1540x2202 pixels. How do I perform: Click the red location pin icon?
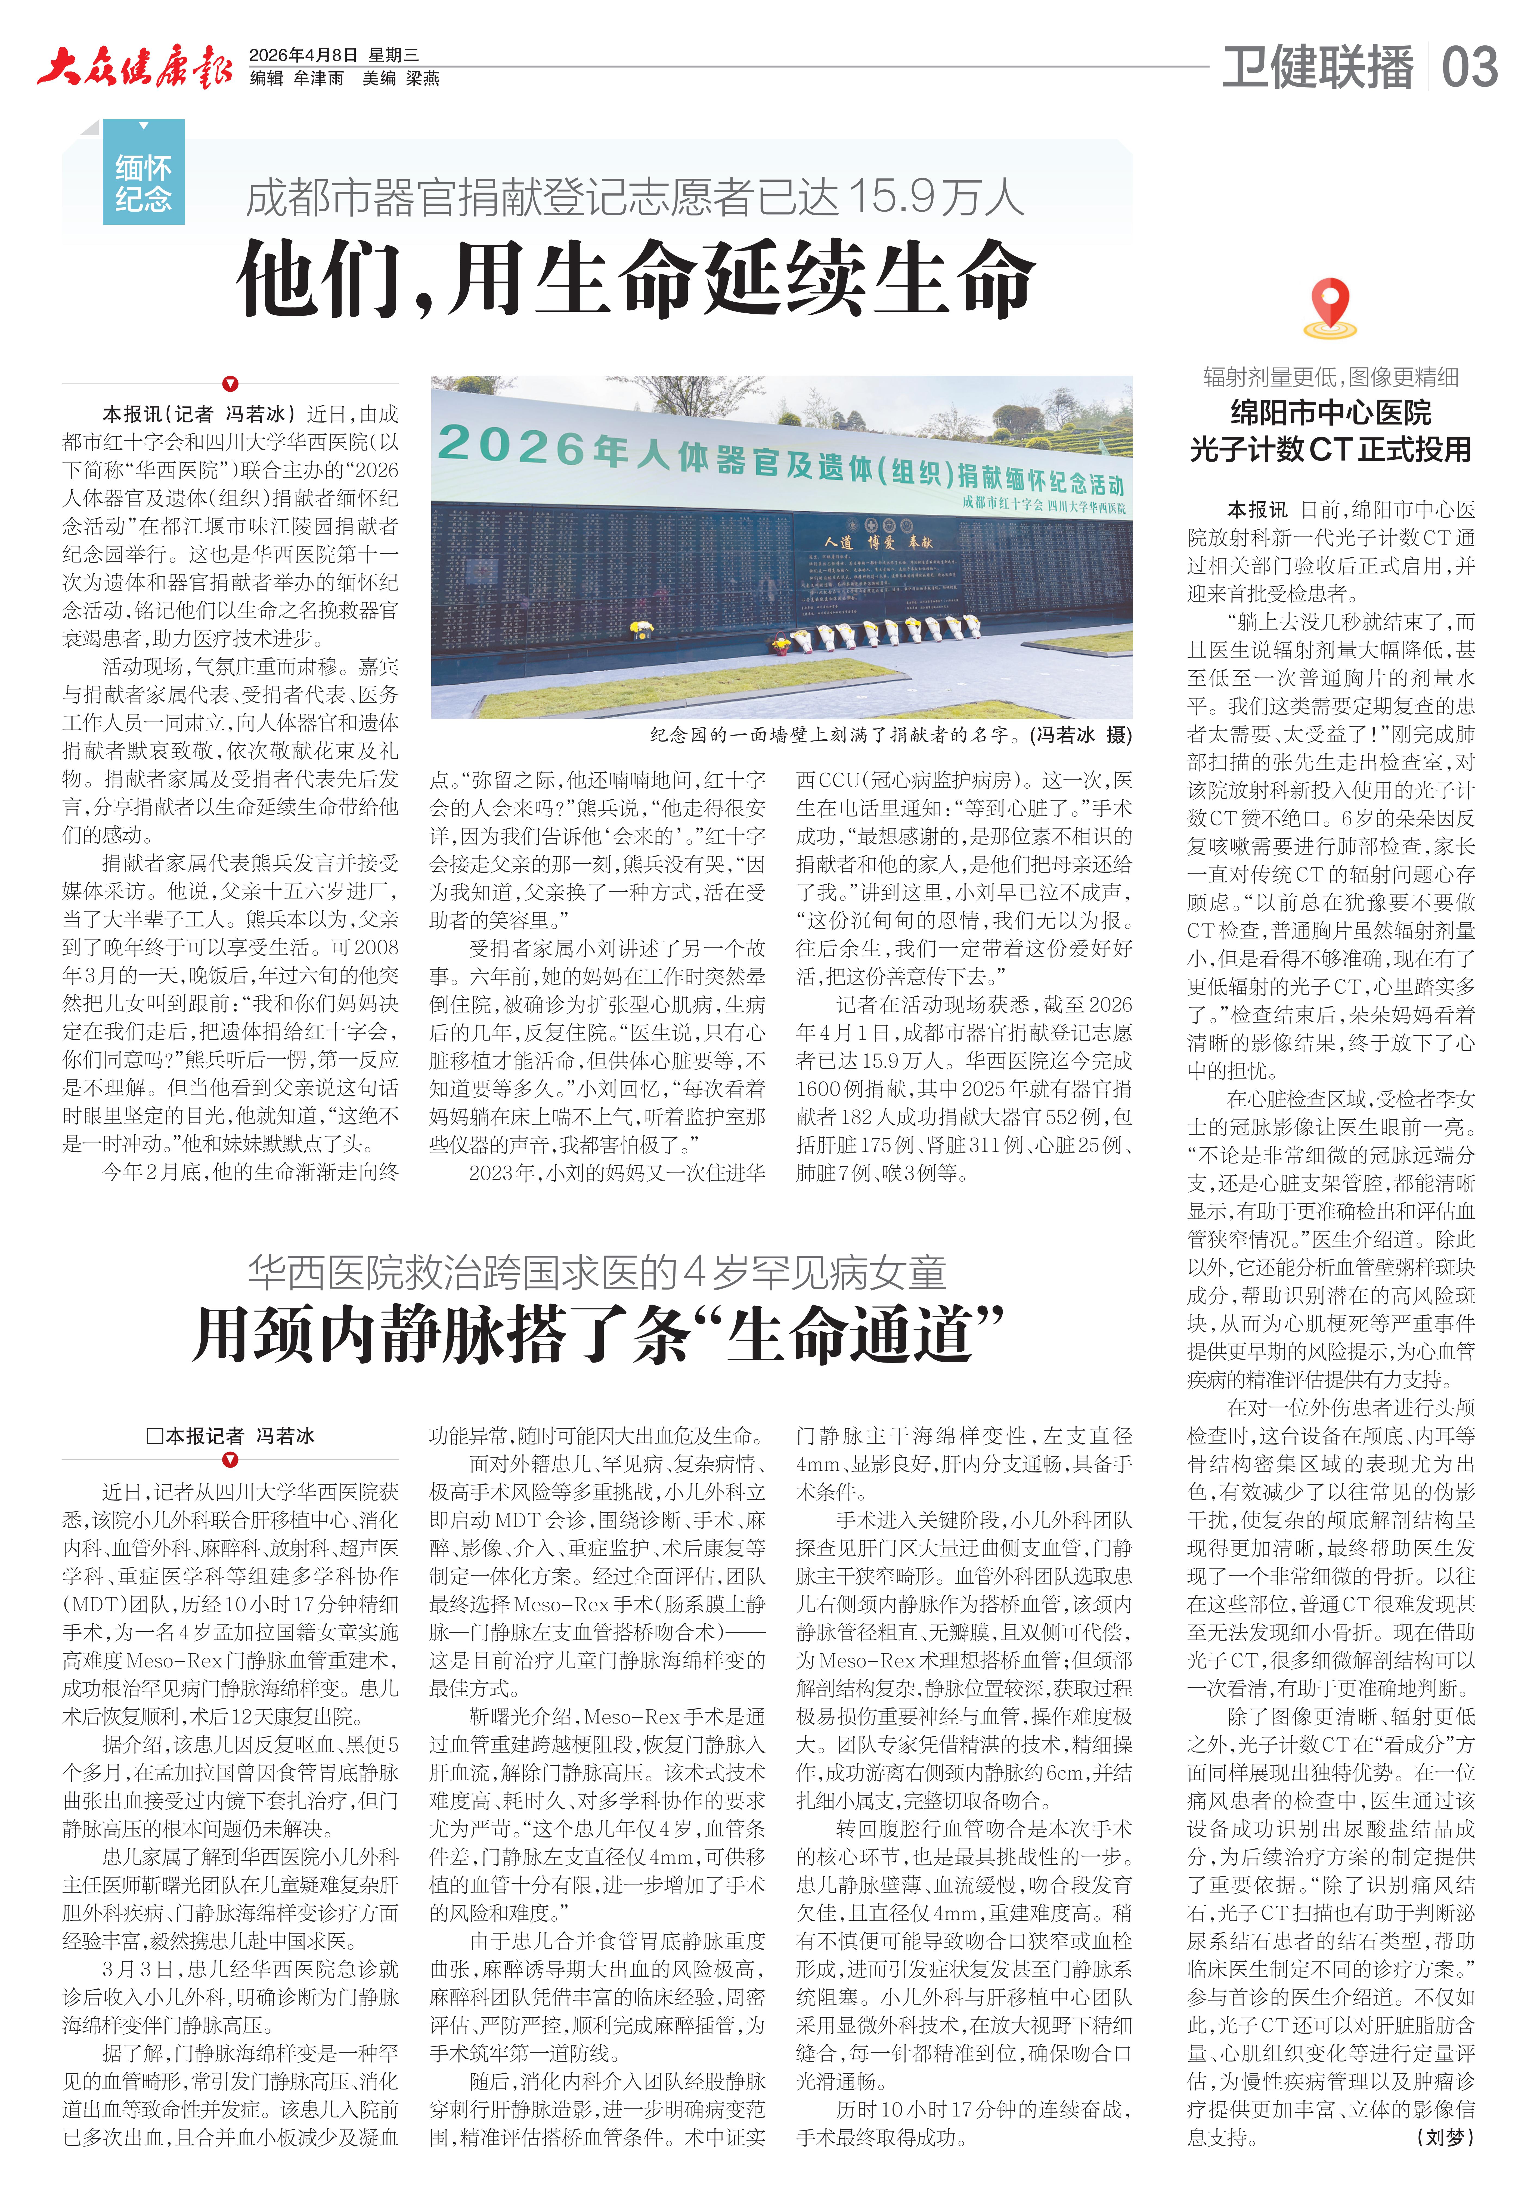point(1330,305)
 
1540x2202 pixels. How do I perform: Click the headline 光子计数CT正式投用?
point(1330,449)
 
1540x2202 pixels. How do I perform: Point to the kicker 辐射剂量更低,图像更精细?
point(1330,377)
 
